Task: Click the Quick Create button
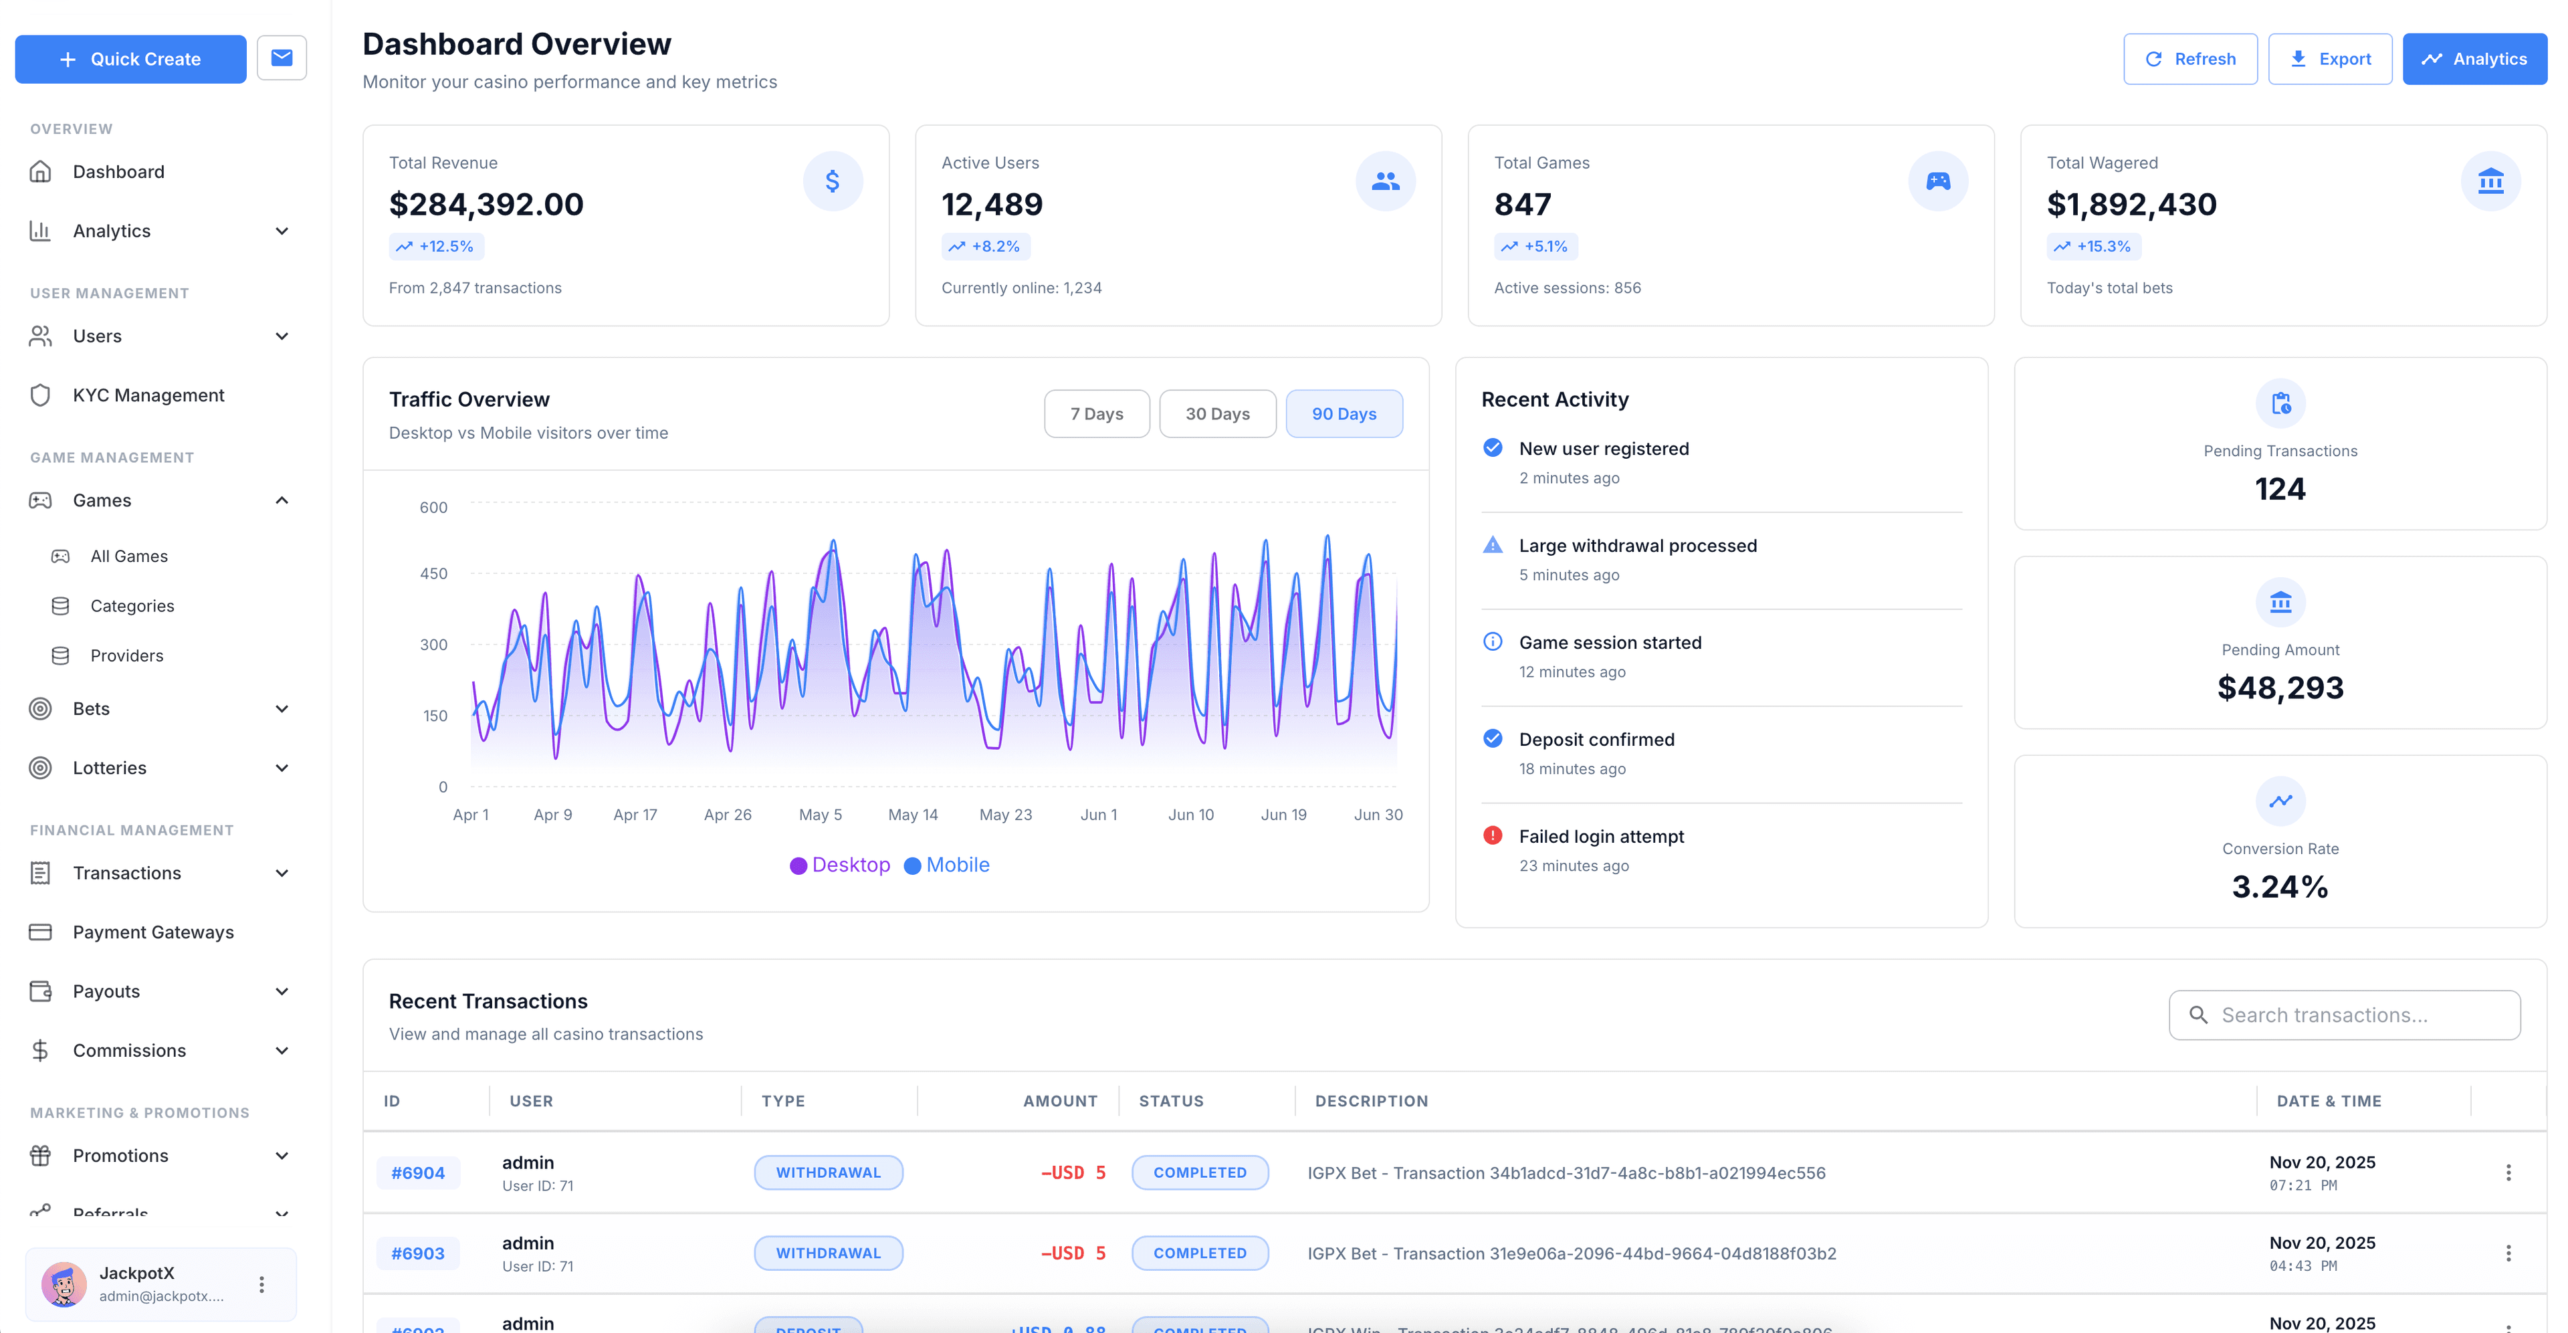click(130, 59)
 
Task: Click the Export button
click(2330, 59)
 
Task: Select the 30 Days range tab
click(1216, 414)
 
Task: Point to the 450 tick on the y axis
click(433, 573)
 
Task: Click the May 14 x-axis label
click(912, 815)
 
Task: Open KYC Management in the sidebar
click(148, 395)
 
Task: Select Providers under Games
click(126, 655)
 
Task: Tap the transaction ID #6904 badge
click(418, 1172)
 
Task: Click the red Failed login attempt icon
click(1493, 835)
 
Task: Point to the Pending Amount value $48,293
click(2280, 688)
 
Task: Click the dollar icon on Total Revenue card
click(833, 181)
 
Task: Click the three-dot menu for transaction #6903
click(2508, 1253)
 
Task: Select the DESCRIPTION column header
click(1371, 1101)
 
